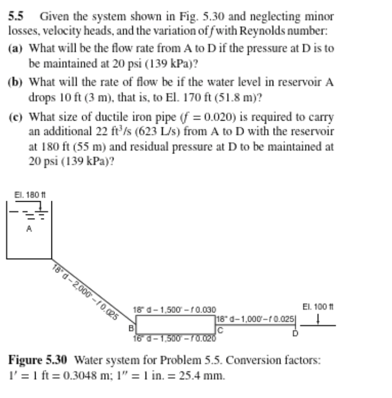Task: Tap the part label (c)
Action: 16,117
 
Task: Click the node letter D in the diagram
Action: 296,333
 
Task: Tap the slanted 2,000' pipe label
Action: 87,290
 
